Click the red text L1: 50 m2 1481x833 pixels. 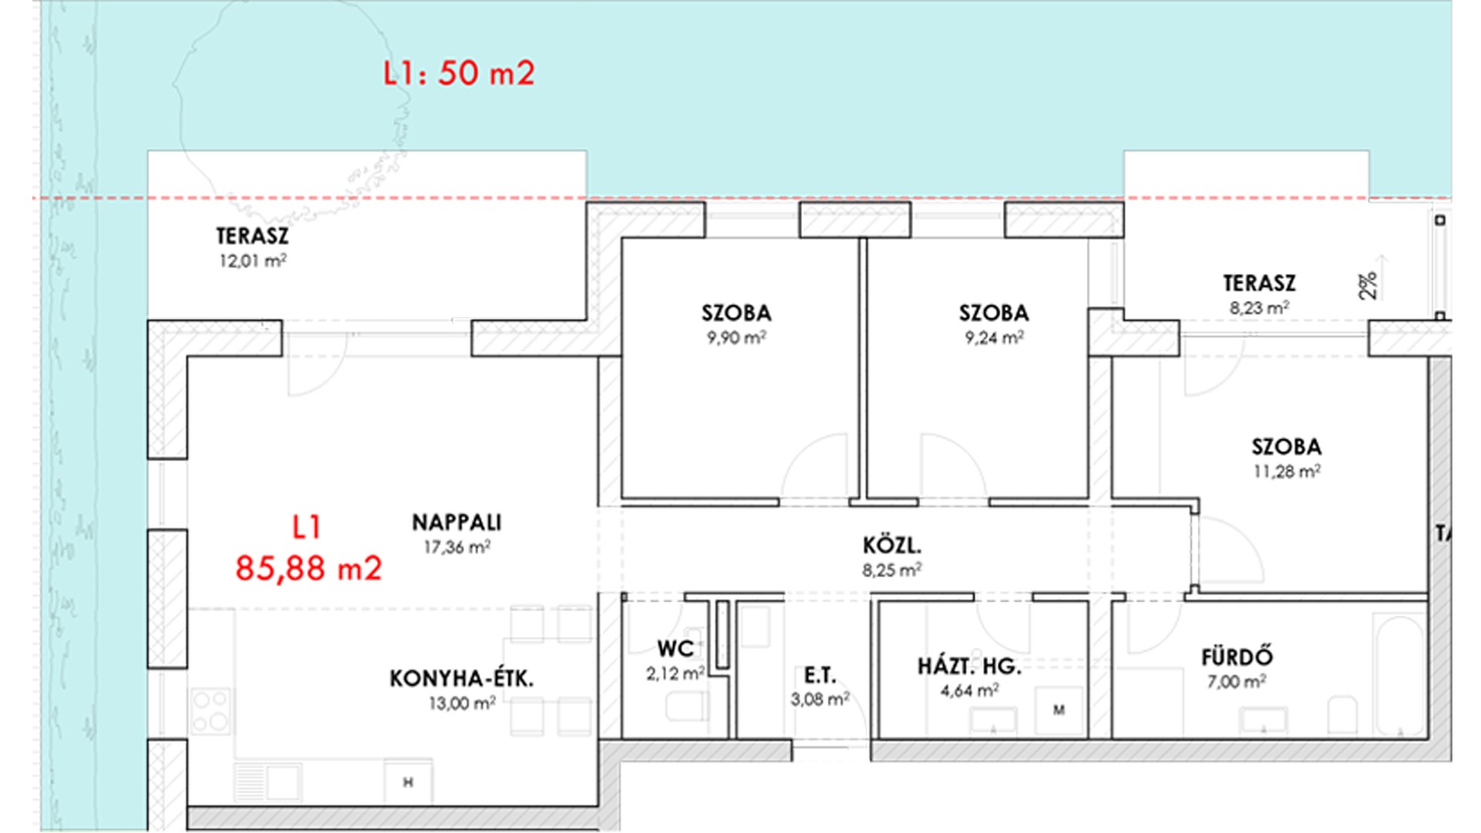point(459,73)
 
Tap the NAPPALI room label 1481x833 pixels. point(457,523)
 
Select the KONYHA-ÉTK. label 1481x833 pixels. point(461,679)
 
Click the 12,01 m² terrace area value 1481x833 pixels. point(253,261)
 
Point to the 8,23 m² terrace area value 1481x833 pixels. point(1259,308)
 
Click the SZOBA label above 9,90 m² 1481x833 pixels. point(737,313)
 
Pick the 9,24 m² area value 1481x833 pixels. point(994,337)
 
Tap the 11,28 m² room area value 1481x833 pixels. point(1287,470)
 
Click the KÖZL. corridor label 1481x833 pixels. point(892,546)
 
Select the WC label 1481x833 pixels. point(675,649)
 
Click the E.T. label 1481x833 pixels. point(820,676)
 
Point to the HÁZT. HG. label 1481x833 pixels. point(970,666)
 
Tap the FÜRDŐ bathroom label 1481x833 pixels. point(1237,656)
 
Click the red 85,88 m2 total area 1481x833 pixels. point(309,568)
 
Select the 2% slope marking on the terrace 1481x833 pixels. point(1368,285)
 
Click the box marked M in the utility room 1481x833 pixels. point(1059,710)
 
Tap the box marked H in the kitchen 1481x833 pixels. point(408,782)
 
